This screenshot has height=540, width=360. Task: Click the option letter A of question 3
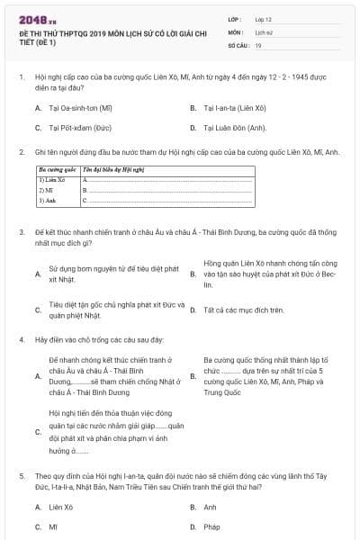pyautogui.click(x=37, y=274)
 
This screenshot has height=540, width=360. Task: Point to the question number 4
pyautogui.click(x=22, y=340)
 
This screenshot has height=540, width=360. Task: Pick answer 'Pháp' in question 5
pyautogui.click(x=211, y=526)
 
